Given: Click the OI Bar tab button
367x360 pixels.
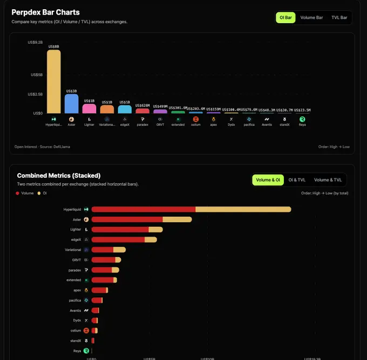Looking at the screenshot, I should pyautogui.click(x=286, y=18).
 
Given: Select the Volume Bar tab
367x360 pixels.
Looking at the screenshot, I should pyautogui.click(x=311, y=18).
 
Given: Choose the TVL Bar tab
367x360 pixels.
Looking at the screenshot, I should pyautogui.click(x=339, y=18).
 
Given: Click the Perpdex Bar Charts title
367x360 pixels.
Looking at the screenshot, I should pyautogui.click(x=45, y=12).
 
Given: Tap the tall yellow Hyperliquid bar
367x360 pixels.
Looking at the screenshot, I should pyautogui.click(x=53, y=81).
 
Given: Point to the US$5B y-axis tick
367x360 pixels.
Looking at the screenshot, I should pyautogui.click(x=36, y=75).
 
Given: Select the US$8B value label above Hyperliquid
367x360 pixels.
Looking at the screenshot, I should pyautogui.click(x=53, y=46).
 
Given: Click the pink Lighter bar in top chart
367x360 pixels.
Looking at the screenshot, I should pyautogui.click(x=89, y=108).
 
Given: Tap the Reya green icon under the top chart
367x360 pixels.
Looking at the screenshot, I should pyautogui.click(x=302, y=119).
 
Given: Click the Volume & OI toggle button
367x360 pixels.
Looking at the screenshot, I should pyautogui.click(x=268, y=180).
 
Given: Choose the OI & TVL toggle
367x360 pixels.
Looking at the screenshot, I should pyautogui.click(x=297, y=180).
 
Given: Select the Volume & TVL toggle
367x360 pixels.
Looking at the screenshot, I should pyautogui.click(x=328, y=180).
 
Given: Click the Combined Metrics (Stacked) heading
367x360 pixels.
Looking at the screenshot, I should pyautogui.click(x=58, y=176).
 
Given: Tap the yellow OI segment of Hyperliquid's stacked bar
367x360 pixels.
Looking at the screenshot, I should pyautogui.click(x=243, y=209).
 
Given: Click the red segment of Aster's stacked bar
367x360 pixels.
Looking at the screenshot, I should pyautogui.click(x=127, y=219).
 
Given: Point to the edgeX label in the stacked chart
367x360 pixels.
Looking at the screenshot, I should pyautogui.click(x=76, y=239).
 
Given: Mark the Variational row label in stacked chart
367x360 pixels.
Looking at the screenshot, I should pyautogui.click(x=73, y=250).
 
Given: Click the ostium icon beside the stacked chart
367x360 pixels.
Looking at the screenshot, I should pyautogui.click(x=86, y=330).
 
